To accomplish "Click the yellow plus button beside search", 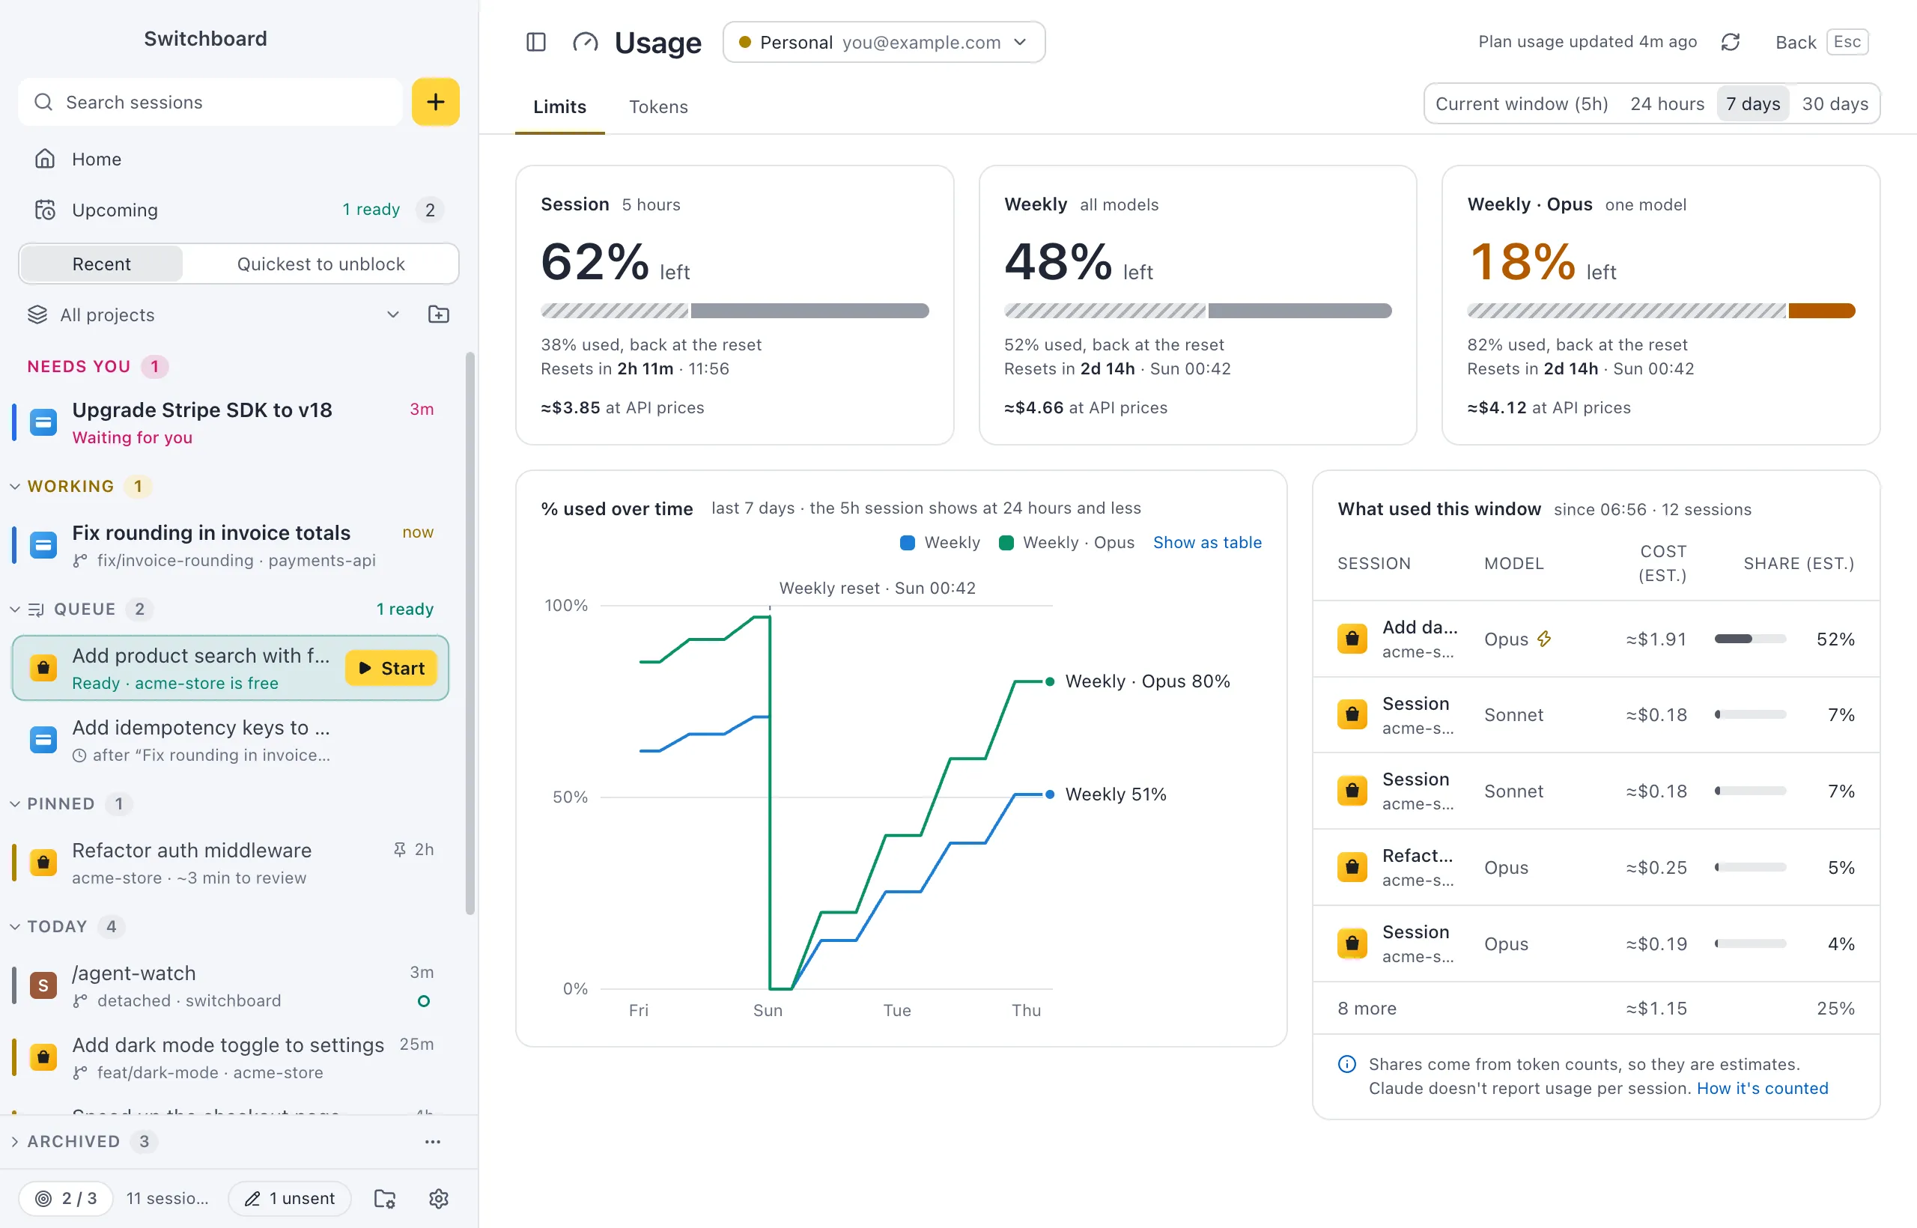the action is tap(435, 102).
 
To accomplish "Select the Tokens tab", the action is tap(658, 107).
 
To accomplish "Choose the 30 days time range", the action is tap(1835, 103).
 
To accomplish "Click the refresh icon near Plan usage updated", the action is tap(1730, 42).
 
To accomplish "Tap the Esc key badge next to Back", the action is tap(1847, 41).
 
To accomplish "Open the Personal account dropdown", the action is tap(884, 42).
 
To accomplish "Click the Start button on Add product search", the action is tap(391, 668).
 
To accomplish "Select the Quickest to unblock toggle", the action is tap(320, 264).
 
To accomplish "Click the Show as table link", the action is tap(1207, 542).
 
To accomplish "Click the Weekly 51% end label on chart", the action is tap(1116, 794).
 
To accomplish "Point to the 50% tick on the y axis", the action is tap(570, 797).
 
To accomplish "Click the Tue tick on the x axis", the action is tap(897, 1010).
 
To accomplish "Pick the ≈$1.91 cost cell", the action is tap(1656, 639).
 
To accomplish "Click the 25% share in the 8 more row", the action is tap(1835, 1008).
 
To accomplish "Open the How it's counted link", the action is tap(1762, 1089).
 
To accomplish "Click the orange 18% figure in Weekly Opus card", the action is tap(1522, 261).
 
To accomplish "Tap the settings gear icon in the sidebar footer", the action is tap(439, 1199).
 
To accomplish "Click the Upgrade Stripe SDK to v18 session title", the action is tap(201, 410).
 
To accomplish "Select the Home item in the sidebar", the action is tap(97, 159).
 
